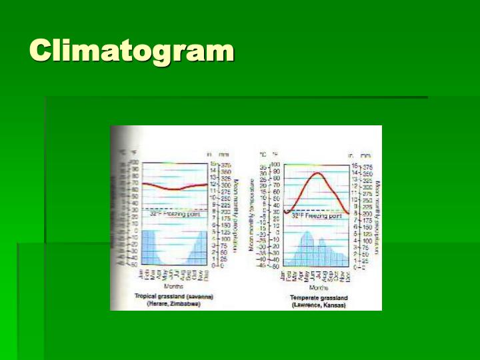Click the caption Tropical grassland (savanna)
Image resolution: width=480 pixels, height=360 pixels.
[x=174, y=296]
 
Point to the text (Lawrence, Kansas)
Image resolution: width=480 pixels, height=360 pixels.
[x=317, y=304]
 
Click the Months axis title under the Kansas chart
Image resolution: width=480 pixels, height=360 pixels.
[x=318, y=287]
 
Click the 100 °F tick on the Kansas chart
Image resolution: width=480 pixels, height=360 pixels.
[x=274, y=165]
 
